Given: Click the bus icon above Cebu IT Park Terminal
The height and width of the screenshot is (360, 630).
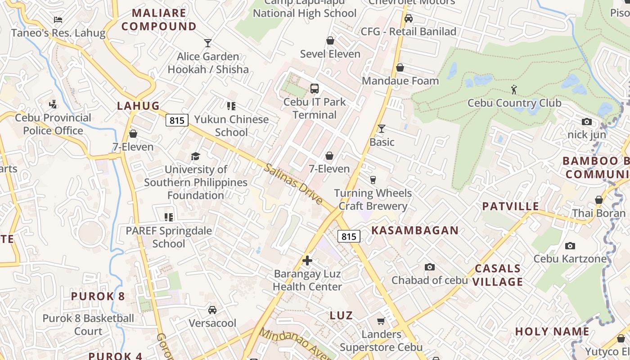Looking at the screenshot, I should (x=315, y=89).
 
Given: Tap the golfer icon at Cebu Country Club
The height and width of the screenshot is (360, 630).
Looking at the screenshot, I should (x=514, y=90).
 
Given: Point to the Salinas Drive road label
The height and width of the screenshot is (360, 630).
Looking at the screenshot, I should (x=293, y=183).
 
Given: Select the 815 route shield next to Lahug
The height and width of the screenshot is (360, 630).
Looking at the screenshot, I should (x=177, y=120).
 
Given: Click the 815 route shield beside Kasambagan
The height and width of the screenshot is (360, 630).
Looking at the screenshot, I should (x=349, y=236).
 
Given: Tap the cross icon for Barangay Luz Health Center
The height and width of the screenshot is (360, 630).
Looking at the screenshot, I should (x=307, y=260).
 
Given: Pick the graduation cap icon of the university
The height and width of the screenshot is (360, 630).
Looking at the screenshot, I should (x=195, y=156).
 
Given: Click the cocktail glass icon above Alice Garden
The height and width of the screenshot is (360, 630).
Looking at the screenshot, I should (x=207, y=43).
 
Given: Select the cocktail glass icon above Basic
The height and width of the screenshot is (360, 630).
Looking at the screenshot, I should (x=382, y=129).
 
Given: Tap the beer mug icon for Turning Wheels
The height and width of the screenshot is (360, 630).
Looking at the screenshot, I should (x=373, y=180).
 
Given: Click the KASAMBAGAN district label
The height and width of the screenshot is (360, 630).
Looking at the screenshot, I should (x=414, y=230).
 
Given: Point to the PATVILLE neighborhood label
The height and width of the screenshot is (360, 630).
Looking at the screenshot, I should (x=510, y=206).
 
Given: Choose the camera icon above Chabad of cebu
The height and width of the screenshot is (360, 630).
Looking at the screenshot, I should (x=430, y=267).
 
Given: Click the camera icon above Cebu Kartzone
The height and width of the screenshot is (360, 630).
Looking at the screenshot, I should (x=570, y=246).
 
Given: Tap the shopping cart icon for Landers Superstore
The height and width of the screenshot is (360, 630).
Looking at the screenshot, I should (x=381, y=321).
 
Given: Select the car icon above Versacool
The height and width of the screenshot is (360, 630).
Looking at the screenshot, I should (x=212, y=310).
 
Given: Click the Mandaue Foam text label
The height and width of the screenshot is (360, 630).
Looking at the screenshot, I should (x=400, y=81).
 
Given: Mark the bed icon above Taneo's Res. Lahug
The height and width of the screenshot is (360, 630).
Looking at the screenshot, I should (x=58, y=19).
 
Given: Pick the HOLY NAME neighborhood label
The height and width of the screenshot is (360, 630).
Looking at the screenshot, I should (x=552, y=332).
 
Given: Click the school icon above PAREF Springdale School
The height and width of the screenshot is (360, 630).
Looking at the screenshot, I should (x=169, y=217).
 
